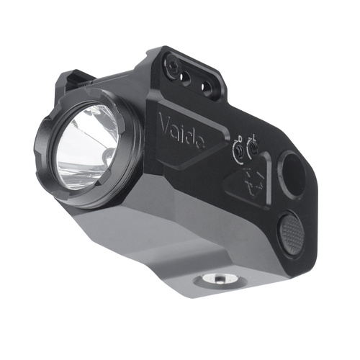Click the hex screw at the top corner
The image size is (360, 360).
174,66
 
